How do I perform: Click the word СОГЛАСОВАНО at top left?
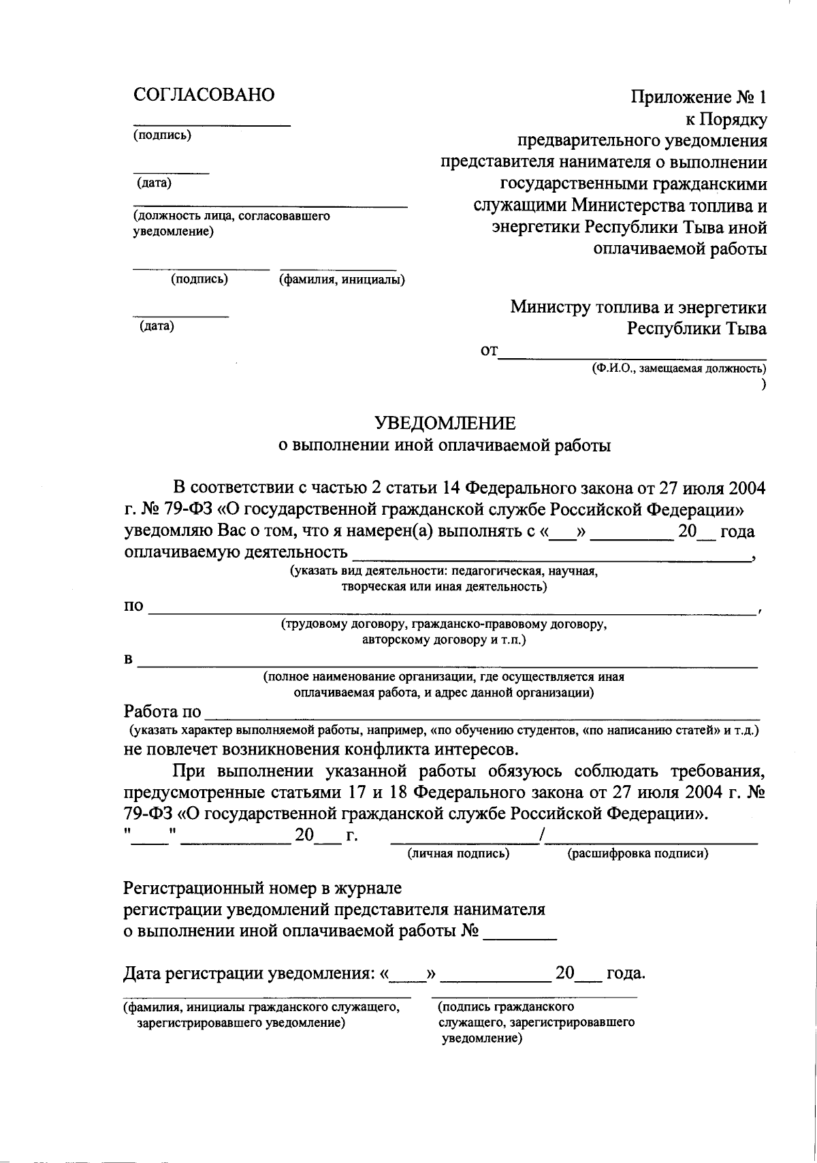[x=204, y=95]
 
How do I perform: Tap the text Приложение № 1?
[x=699, y=98]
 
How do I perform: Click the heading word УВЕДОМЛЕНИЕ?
[x=446, y=424]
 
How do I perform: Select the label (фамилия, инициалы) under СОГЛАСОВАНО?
[x=342, y=279]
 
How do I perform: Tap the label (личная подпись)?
[x=458, y=853]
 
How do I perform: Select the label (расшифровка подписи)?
[x=637, y=853]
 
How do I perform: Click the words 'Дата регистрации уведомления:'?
[x=249, y=974]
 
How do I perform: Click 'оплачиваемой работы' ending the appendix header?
[x=679, y=249]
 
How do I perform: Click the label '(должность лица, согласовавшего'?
[x=231, y=216]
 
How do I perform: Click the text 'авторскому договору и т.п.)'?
[x=444, y=640]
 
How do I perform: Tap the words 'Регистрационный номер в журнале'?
[x=262, y=888]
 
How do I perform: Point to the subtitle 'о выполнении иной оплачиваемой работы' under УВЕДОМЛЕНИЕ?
[x=446, y=446]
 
